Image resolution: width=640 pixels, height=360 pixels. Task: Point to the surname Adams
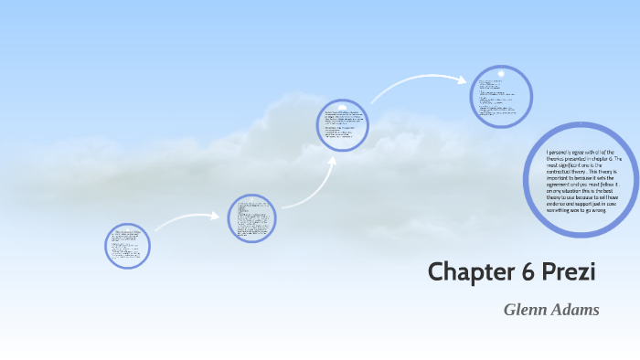point(575,310)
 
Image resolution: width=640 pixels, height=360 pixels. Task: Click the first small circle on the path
point(127,246)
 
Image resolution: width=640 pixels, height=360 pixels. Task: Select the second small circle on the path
point(251,218)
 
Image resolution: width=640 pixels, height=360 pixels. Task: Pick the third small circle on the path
point(343,126)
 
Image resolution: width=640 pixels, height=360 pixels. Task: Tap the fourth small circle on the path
point(501,95)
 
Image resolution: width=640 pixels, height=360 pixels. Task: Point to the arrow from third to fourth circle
point(421,84)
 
